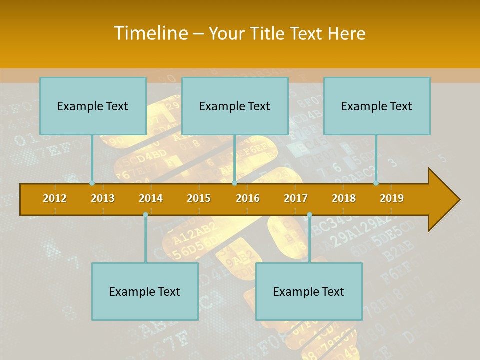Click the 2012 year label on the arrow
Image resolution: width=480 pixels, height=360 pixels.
[x=55, y=198]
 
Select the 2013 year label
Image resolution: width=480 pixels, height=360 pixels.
[x=103, y=198]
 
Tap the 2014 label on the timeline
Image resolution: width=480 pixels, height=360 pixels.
[x=151, y=198]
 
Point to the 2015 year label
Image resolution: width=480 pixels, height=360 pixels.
[x=199, y=198]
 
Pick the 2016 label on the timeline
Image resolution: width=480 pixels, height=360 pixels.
[x=248, y=198]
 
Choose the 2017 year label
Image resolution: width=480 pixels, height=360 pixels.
[x=296, y=198]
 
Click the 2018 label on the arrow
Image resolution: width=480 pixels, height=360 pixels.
[x=344, y=198]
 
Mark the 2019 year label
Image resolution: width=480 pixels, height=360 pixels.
[x=392, y=198]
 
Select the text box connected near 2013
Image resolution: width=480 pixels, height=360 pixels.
[x=93, y=106]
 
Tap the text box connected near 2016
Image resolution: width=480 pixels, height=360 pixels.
[x=235, y=106]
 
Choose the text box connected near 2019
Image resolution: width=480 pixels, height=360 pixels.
[x=377, y=106]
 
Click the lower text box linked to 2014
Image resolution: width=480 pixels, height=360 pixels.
[x=145, y=291]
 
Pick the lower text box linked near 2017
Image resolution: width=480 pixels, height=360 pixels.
[x=309, y=291]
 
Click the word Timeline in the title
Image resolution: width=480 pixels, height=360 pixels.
[x=150, y=33]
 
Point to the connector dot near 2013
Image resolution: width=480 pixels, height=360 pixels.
[x=92, y=183]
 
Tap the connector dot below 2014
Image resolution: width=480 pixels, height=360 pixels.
[x=145, y=215]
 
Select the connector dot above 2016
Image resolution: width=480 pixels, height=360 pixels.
[x=234, y=183]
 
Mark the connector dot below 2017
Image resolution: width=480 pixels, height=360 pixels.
[x=309, y=215]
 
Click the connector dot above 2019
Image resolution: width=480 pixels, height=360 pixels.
[x=376, y=183]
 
